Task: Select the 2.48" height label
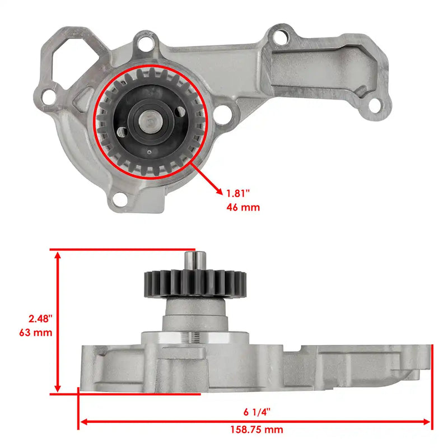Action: point(40,319)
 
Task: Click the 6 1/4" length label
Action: point(257,412)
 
